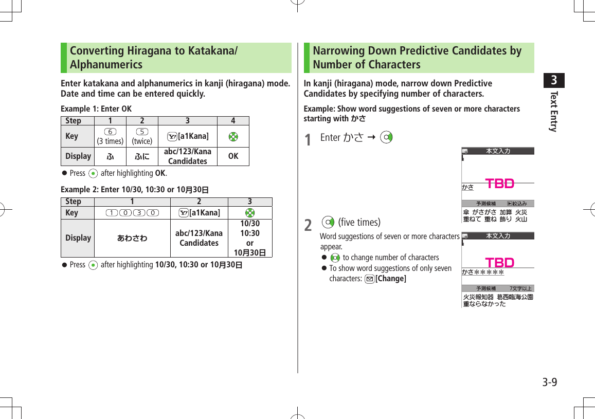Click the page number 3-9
pyautogui.click(x=549, y=382)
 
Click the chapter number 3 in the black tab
pyautogui.click(x=554, y=81)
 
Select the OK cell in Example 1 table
pyautogui.click(x=233, y=156)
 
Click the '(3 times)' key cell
pyautogui.click(x=110, y=136)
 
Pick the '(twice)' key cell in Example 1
pyautogui.click(x=142, y=136)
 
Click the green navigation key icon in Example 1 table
pyautogui.click(x=233, y=136)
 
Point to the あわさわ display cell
pyautogui.click(x=132, y=238)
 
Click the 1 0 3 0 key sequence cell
pyautogui.click(x=132, y=213)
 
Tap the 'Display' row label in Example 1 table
pyautogui.click(x=78, y=156)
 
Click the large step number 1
pyautogui.click(x=308, y=139)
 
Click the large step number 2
pyautogui.click(x=308, y=225)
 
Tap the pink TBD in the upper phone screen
pyautogui.click(x=500, y=184)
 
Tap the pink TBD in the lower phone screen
pyautogui.click(x=500, y=263)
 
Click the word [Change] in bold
pyautogui.click(x=391, y=279)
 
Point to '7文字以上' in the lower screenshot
pyautogui.click(x=520, y=288)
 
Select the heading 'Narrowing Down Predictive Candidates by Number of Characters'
pyautogui.click(x=417, y=58)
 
